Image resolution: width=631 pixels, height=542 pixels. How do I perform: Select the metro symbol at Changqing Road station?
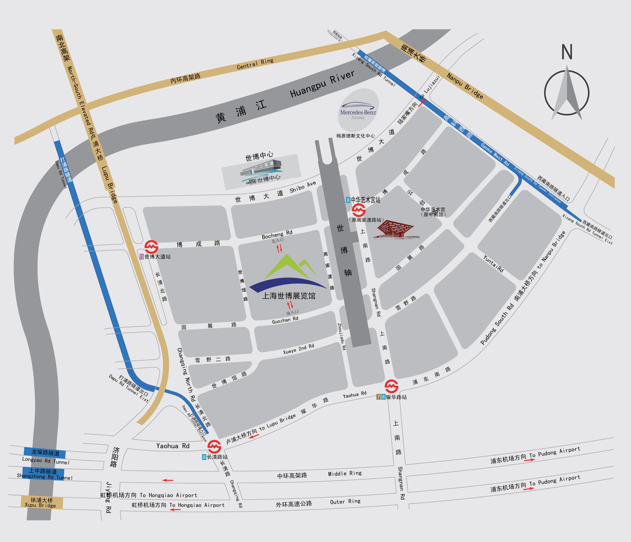tap(214, 447)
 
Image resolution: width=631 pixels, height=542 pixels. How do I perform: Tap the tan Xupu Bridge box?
tap(42, 502)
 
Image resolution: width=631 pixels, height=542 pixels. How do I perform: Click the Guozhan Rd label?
tap(285, 320)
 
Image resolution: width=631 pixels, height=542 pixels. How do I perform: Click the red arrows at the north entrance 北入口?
tap(279, 248)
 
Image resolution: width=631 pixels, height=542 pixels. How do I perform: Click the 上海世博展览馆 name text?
tap(289, 296)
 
